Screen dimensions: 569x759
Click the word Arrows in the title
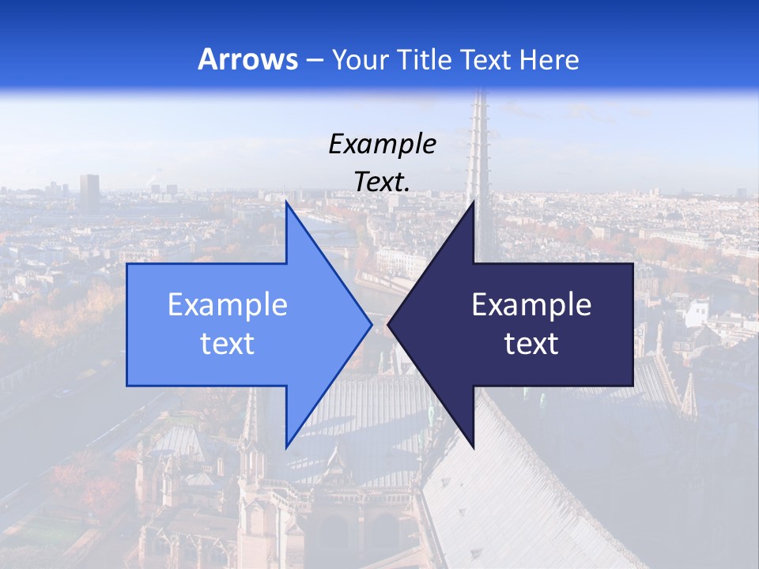pyautogui.click(x=247, y=59)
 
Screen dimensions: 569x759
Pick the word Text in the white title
pyautogui.click(x=485, y=59)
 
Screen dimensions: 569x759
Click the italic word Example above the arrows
pyautogui.click(x=382, y=144)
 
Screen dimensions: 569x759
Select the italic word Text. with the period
pyautogui.click(x=382, y=182)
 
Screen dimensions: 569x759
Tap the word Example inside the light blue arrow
pyautogui.click(x=227, y=304)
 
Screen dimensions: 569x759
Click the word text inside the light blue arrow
pyautogui.click(x=227, y=343)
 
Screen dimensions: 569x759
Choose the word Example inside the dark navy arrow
pyautogui.click(x=531, y=304)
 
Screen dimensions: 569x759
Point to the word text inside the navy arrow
pyautogui.click(x=531, y=343)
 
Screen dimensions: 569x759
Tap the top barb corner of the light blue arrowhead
pyautogui.click(x=286, y=202)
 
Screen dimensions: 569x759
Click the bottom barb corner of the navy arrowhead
pyautogui.click(x=474, y=447)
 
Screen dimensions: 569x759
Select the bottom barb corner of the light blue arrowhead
pyautogui.click(x=286, y=447)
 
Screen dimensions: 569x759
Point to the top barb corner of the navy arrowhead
pyautogui.click(x=474, y=202)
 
